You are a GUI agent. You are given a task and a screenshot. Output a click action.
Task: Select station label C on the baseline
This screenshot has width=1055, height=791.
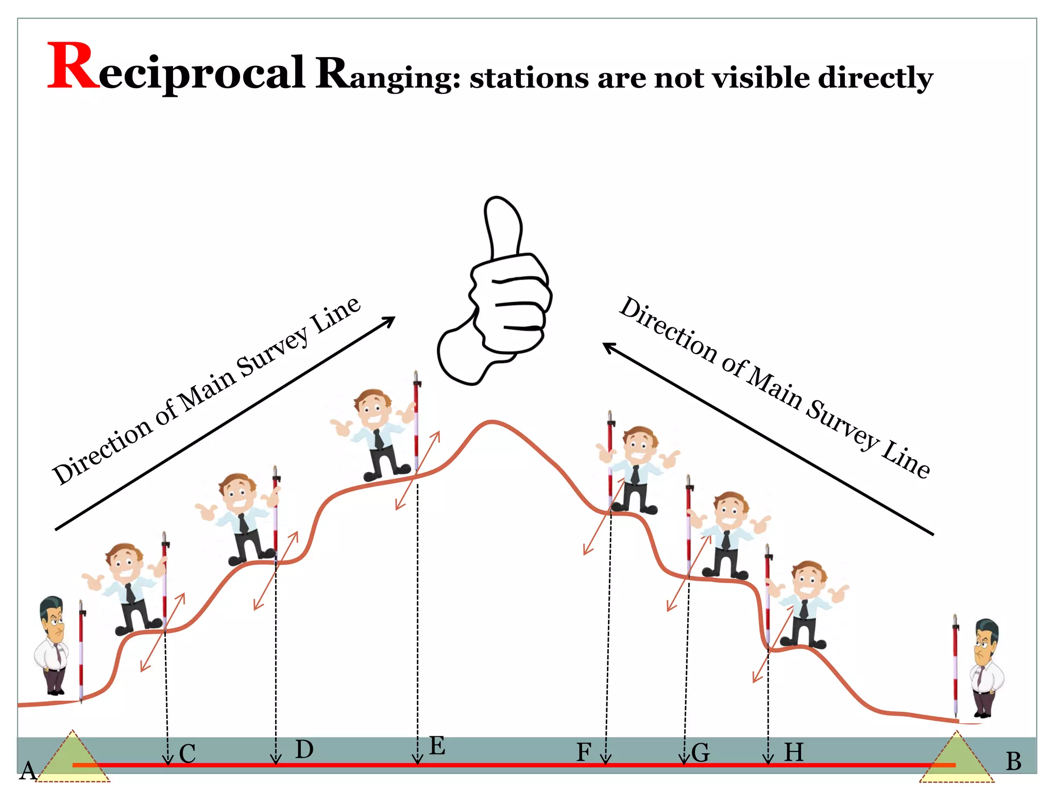point(188,754)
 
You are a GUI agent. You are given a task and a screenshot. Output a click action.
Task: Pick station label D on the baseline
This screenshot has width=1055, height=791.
point(304,749)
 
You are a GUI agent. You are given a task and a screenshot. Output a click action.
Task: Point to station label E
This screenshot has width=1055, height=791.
point(437,746)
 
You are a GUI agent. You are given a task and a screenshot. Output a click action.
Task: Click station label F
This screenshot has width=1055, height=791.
point(584,752)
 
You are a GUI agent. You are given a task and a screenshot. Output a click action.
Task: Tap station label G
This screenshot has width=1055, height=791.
point(701,753)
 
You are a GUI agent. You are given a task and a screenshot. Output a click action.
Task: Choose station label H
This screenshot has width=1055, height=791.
point(794,752)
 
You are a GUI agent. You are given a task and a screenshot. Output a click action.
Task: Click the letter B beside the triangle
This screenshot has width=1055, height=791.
point(1013,761)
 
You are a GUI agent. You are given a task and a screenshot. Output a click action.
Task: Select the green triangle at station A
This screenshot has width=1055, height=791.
point(74,760)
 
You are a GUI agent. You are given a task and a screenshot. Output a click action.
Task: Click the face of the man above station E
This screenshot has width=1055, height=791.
point(372,409)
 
